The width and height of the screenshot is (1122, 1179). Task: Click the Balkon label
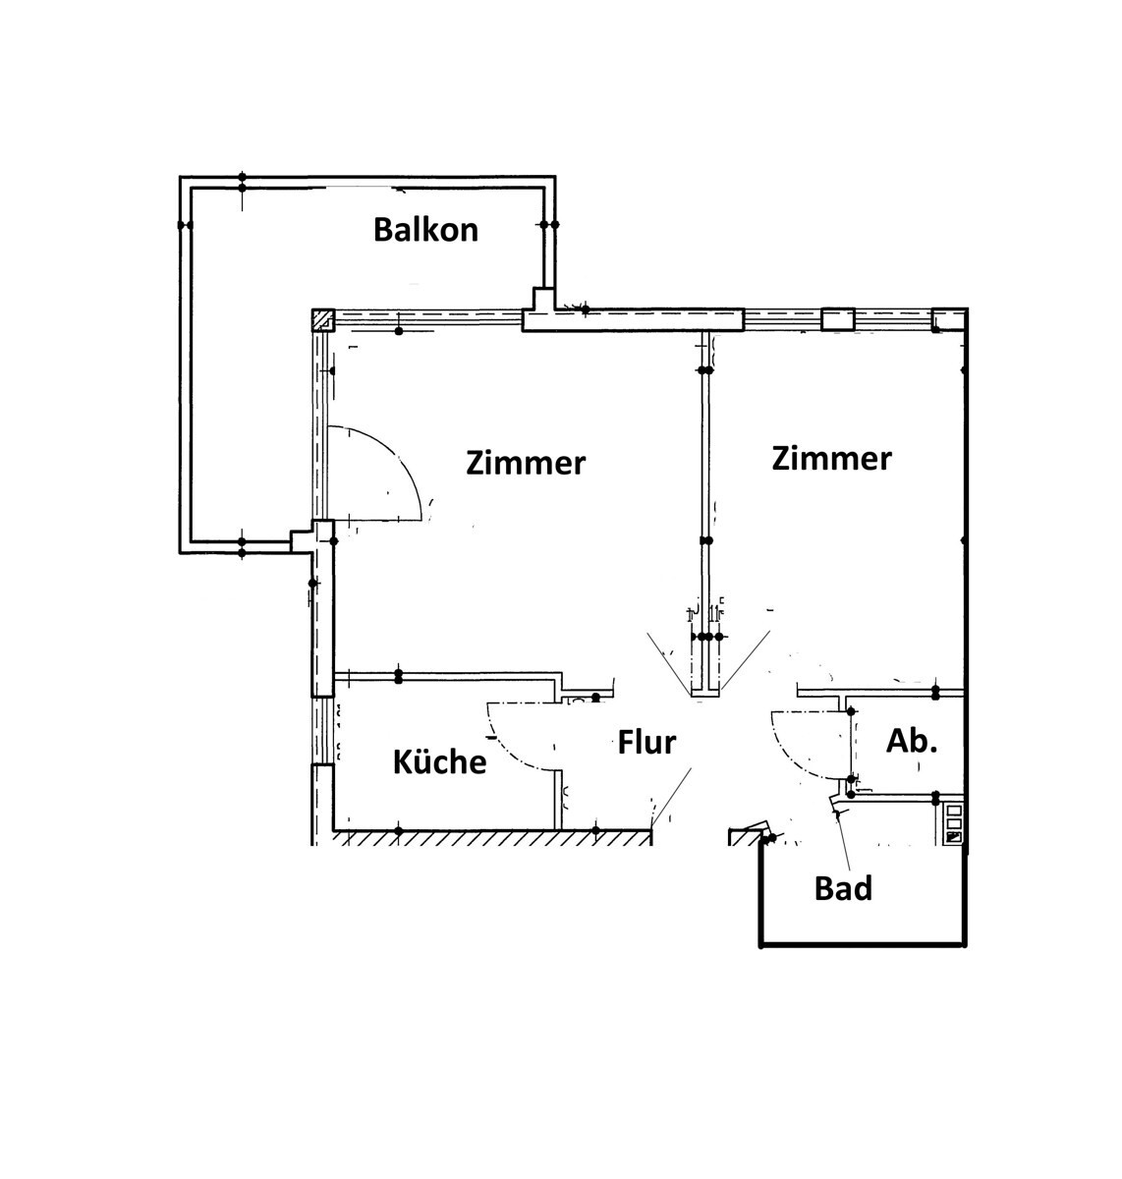(x=425, y=230)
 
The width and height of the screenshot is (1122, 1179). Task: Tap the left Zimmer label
(x=526, y=462)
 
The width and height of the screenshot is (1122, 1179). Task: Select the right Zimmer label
(x=831, y=458)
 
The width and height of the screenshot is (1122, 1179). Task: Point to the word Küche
(x=439, y=761)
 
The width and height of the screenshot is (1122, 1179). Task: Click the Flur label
(x=646, y=743)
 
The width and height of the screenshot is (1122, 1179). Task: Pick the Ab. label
(x=912, y=741)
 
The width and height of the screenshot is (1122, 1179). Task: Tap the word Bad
(x=843, y=888)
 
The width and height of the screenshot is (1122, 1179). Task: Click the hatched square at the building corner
(x=323, y=319)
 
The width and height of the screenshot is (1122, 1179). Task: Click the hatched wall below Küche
(x=491, y=837)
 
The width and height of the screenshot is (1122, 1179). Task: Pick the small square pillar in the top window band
(x=837, y=319)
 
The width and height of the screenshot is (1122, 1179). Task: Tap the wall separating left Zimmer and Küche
(x=447, y=676)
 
